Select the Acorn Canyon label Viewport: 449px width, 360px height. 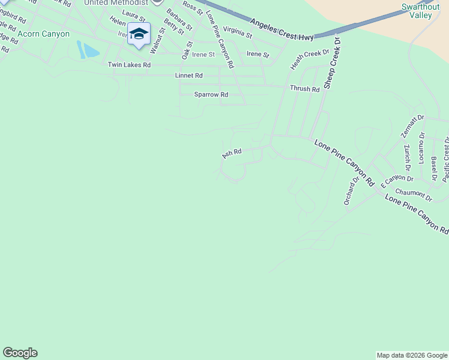(x=44, y=34)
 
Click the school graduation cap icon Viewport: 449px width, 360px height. (x=139, y=35)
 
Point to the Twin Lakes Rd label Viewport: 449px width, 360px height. (x=129, y=65)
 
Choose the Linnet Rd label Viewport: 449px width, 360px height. (x=188, y=76)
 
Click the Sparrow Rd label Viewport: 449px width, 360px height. (x=211, y=95)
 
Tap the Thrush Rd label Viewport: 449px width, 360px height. (x=304, y=89)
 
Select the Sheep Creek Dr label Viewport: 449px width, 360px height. (x=331, y=62)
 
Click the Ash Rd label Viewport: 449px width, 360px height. (x=232, y=154)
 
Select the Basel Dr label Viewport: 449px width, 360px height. (x=433, y=169)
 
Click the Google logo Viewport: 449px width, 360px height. (x=20, y=353)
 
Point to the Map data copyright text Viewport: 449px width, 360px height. (x=412, y=355)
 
